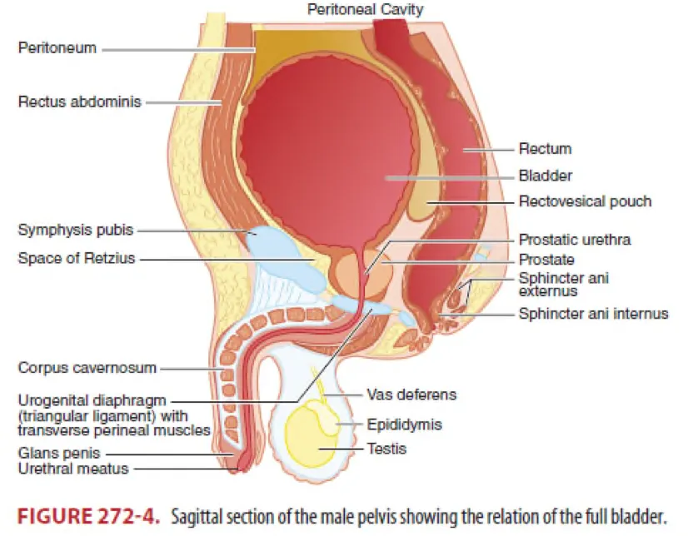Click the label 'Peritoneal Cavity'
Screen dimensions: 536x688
pyautogui.click(x=365, y=10)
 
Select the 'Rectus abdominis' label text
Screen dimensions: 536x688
pyautogui.click(x=79, y=102)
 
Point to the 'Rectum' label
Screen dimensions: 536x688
pyautogui.click(x=545, y=149)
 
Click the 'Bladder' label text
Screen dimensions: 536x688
pyautogui.click(x=546, y=176)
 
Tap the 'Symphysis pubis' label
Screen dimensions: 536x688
pyautogui.click(x=76, y=229)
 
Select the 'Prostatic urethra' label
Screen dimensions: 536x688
pyautogui.click(x=574, y=240)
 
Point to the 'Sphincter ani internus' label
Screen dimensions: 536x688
pyautogui.click(x=593, y=314)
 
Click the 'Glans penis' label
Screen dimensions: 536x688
pyautogui.click(x=58, y=454)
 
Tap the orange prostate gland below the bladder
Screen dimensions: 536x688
pyautogui.click(x=347, y=270)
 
